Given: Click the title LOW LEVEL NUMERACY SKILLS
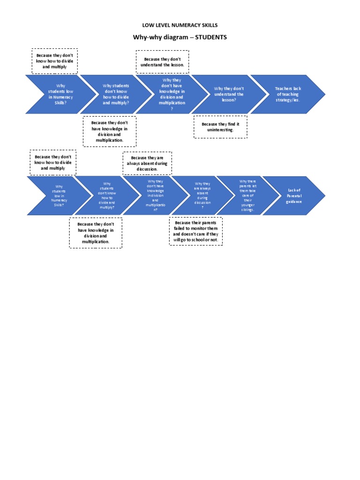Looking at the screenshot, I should point(180,25).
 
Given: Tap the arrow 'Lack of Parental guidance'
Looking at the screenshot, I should point(294,195).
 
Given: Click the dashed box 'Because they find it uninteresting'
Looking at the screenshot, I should point(220,127).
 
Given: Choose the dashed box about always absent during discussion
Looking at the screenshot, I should point(147,163).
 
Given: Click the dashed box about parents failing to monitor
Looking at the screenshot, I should point(195,232).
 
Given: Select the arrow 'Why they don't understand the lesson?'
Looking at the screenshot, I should point(229,94).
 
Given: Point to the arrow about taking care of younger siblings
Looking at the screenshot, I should point(247,195).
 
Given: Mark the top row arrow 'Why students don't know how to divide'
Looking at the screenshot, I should point(116,94).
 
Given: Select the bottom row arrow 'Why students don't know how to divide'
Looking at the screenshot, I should point(107,195).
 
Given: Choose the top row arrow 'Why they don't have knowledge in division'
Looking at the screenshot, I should point(172,94).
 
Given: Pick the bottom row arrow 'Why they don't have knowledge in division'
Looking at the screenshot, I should point(155,195).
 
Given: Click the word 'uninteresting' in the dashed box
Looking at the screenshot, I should point(220,130).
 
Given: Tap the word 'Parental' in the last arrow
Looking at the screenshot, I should point(294,195).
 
